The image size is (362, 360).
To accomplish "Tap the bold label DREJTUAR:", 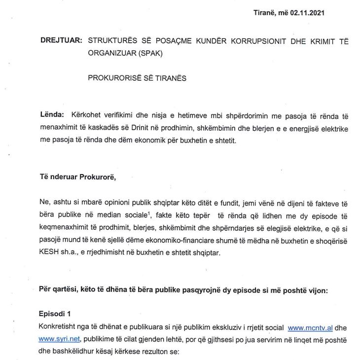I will pyautogui.click(x=61, y=42).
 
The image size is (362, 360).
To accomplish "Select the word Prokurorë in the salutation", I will pyautogui.click(x=96, y=178).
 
